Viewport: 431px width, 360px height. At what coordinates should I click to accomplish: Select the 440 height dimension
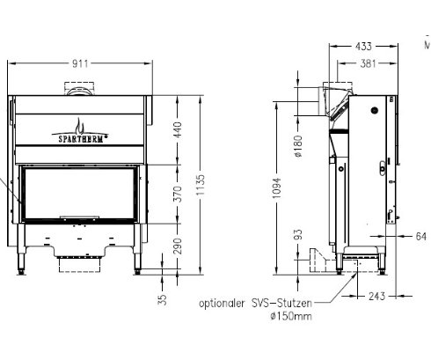179,131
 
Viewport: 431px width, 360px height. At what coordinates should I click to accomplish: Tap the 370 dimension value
179,195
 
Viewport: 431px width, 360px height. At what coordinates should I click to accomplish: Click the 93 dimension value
299,235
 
